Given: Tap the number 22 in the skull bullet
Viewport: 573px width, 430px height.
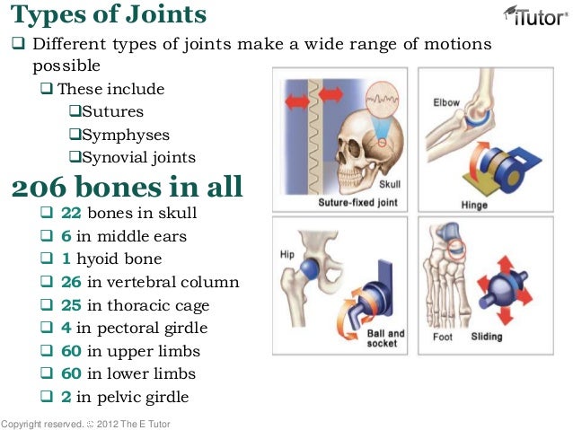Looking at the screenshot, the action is click(71, 214).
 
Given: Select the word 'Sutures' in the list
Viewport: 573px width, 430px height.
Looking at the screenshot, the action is click(112, 112).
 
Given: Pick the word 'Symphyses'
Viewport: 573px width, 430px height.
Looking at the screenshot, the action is click(125, 135).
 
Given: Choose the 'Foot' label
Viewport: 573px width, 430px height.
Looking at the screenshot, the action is click(443, 338).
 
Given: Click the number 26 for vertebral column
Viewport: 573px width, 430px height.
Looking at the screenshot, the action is click(71, 282).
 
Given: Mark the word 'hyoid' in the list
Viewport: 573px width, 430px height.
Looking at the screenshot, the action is click(106, 259).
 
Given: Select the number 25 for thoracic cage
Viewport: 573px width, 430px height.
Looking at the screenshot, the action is click(71, 305).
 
